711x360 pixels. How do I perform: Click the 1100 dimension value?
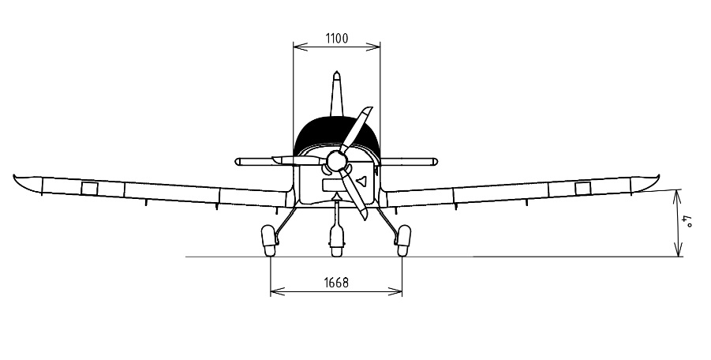click(337, 38)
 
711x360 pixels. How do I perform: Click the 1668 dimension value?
click(336, 283)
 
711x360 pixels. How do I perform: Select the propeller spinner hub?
click(336, 161)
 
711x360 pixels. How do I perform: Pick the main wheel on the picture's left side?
click(269, 241)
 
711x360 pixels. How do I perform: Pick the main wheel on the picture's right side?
click(403, 241)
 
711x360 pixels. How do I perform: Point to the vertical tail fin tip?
click(336, 73)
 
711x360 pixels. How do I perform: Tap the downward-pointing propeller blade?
click(354, 195)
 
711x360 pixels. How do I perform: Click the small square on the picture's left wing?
click(89, 188)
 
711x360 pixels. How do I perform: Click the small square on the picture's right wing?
click(582, 188)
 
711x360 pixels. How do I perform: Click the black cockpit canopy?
click(336, 133)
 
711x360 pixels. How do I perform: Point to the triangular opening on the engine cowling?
click(361, 181)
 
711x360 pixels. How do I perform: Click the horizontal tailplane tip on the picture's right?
click(433, 161)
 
